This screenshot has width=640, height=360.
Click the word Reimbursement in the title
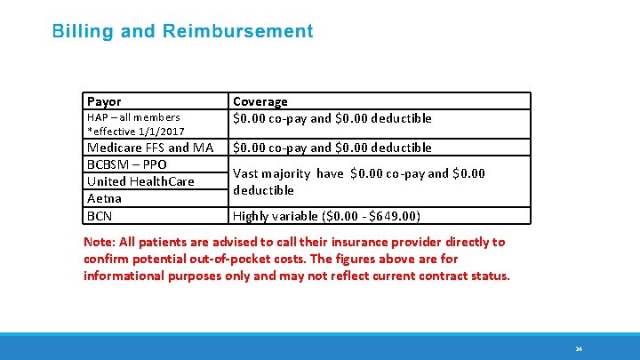coord(237,32)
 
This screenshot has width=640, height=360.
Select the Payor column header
coord(104,101)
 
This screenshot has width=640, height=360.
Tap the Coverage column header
coord(260,101)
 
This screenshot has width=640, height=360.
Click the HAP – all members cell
coord(133,117)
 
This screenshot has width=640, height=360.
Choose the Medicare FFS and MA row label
coord(149,148)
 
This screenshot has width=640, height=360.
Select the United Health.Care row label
coord(140,181)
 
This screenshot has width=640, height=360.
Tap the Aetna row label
coord(104,198)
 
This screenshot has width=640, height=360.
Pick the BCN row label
coord(99,216)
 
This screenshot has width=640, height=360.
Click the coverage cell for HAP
coord(332,118)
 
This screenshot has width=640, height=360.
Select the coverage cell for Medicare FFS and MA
coord(332,148)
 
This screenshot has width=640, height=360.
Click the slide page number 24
coord(579,348)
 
